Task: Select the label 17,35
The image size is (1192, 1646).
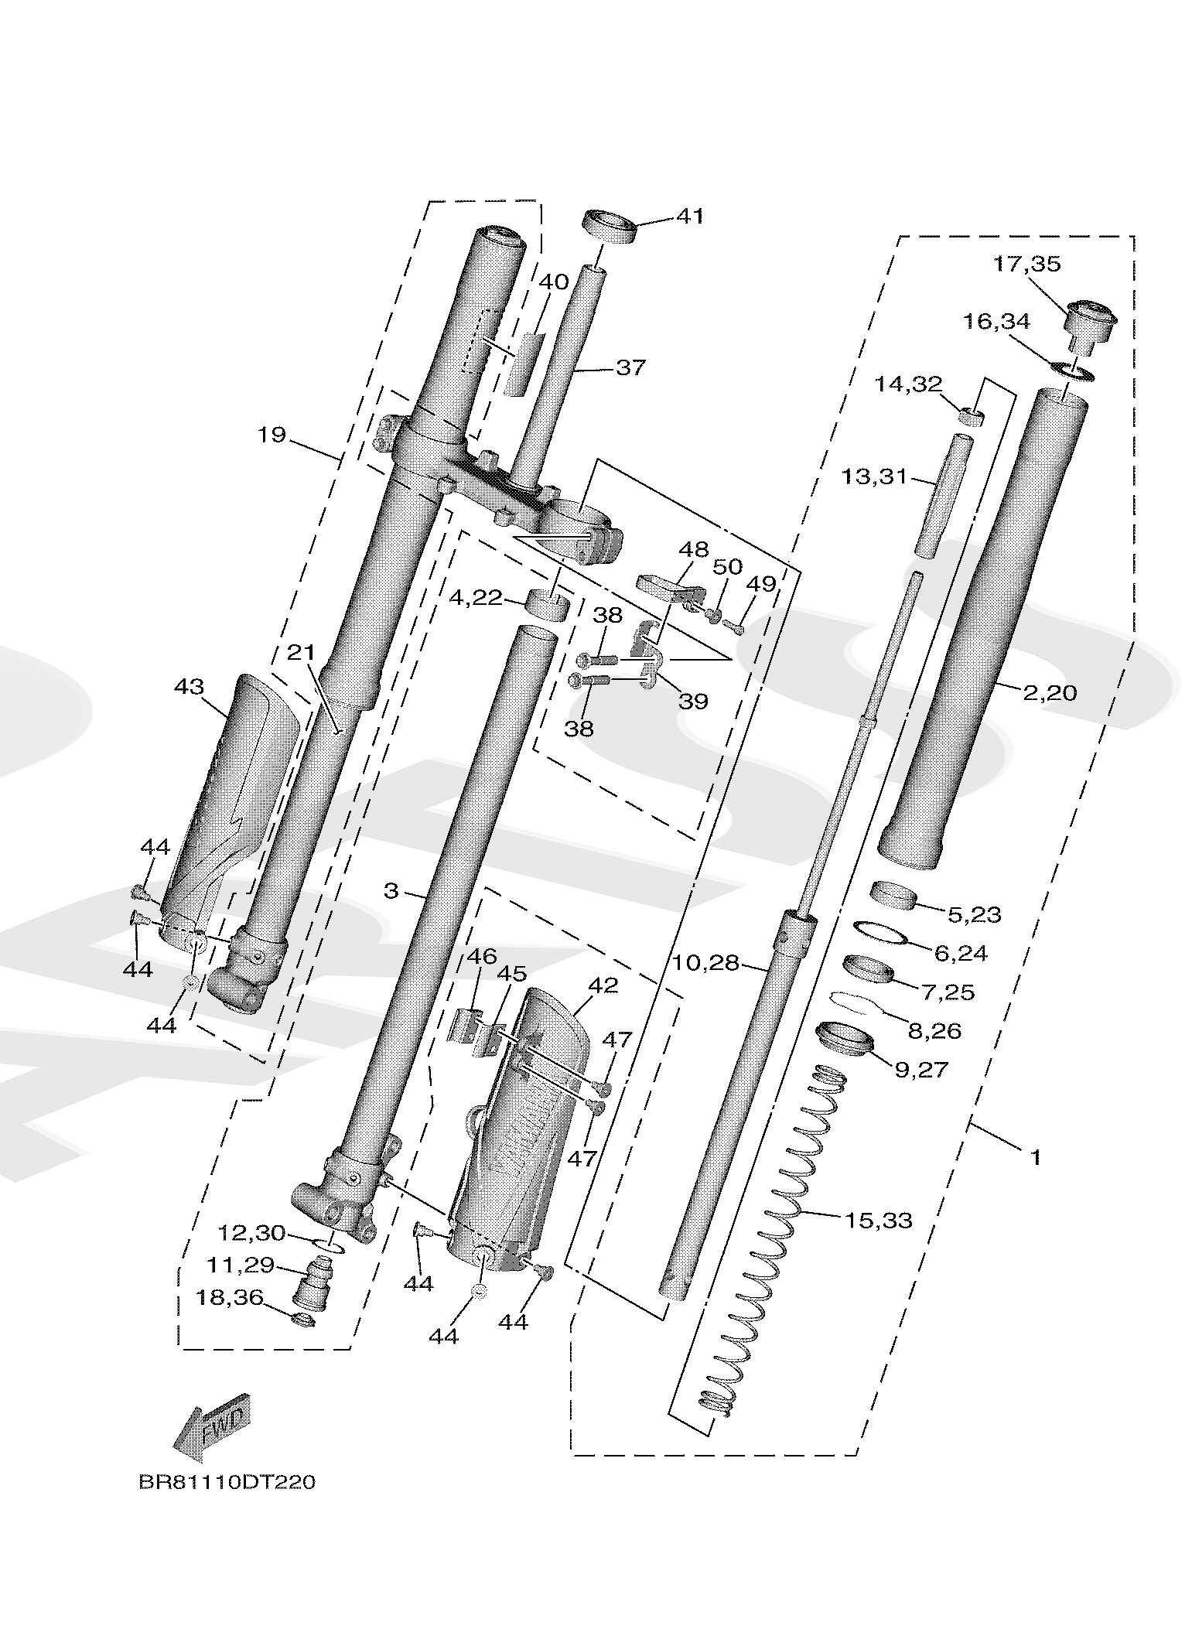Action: point(1027,264)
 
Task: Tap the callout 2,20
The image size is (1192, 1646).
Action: point(1050,692)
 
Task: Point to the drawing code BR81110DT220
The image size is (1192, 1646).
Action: point(227,1481)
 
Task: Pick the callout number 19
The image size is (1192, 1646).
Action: point(272,435)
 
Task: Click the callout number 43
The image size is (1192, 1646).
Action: point(189,686)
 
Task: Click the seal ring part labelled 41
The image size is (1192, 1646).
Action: point(608,226)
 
